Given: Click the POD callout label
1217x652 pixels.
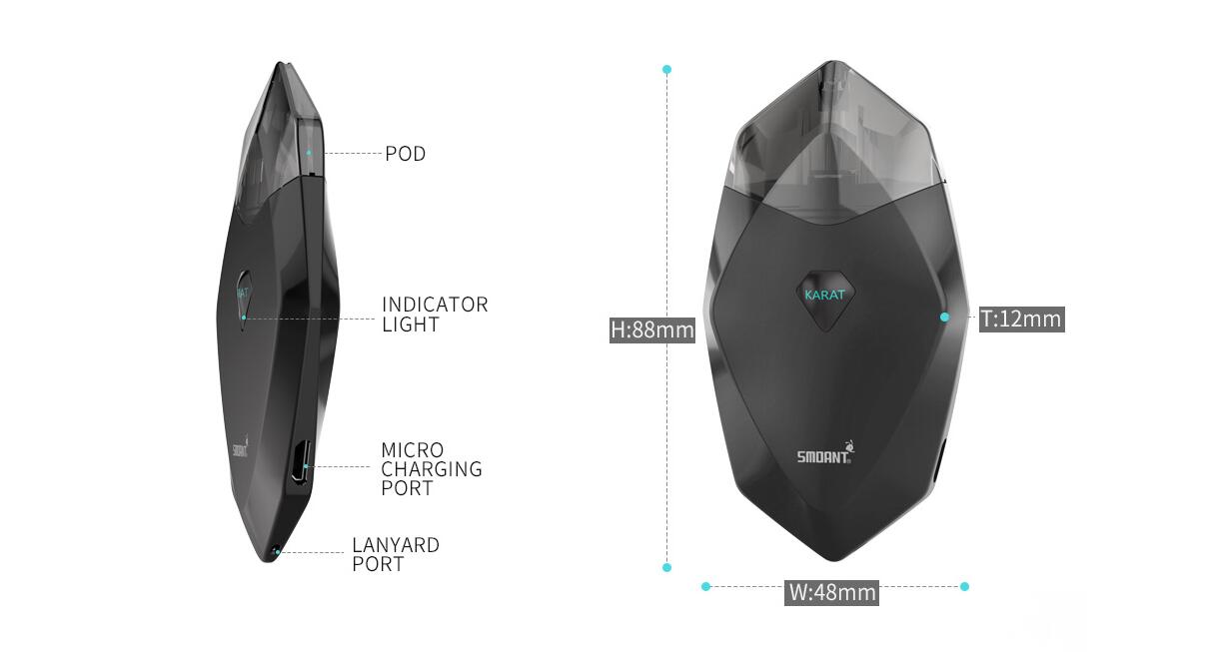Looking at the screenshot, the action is pos(406,154).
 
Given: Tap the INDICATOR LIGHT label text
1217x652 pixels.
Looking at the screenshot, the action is pos(435,315).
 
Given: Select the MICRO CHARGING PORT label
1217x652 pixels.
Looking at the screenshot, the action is pos(432,469).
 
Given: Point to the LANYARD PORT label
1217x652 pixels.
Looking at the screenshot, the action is pos(396,554).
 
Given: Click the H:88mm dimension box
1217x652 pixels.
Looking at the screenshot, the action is pos(651,329).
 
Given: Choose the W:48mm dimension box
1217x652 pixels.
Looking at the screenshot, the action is pos(831,592).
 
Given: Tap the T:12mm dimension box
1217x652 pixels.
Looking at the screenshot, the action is pos(1021,319).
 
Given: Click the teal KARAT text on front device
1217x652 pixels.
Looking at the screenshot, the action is pos(824,295).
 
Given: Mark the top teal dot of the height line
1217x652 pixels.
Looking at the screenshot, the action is pos(667,70).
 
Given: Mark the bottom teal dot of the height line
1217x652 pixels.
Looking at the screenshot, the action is pos(667,567).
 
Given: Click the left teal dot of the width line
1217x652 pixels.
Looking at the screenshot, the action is pos(705,586).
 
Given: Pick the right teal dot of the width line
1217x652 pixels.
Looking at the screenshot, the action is pos(965,586).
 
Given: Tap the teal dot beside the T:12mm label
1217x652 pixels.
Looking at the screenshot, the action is pos(945,318).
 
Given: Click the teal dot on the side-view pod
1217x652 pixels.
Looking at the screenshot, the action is pos(309,153).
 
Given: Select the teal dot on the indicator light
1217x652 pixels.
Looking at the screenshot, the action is pos(244,318).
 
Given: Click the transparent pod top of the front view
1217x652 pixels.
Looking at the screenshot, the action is pos(835,144).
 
